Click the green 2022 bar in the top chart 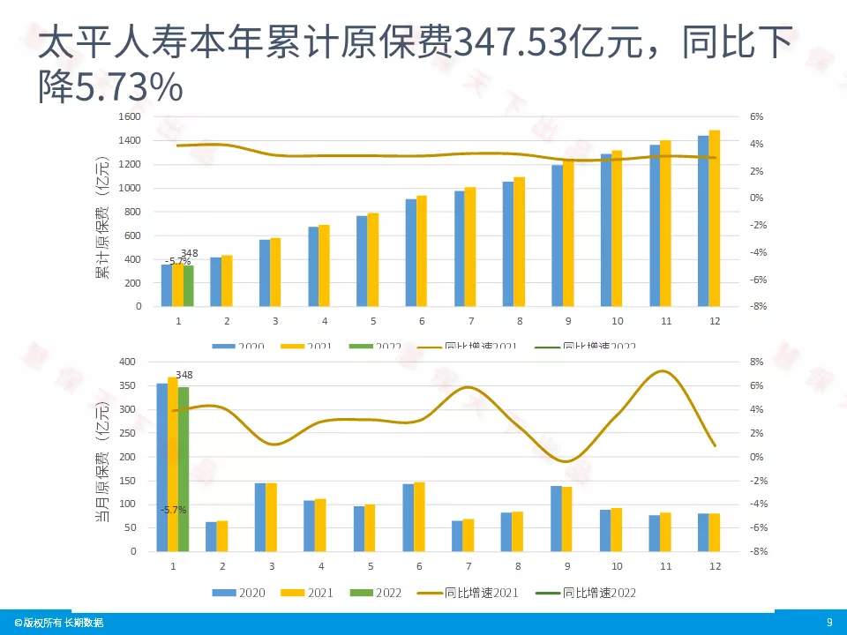189,286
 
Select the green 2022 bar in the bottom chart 184,467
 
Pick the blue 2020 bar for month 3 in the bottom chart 260,517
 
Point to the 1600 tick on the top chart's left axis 129,116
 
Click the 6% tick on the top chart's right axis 756,116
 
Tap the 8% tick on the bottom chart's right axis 756,362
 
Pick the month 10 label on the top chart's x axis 617,321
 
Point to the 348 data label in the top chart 189,253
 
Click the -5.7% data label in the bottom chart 173,510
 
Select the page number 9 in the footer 829,623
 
